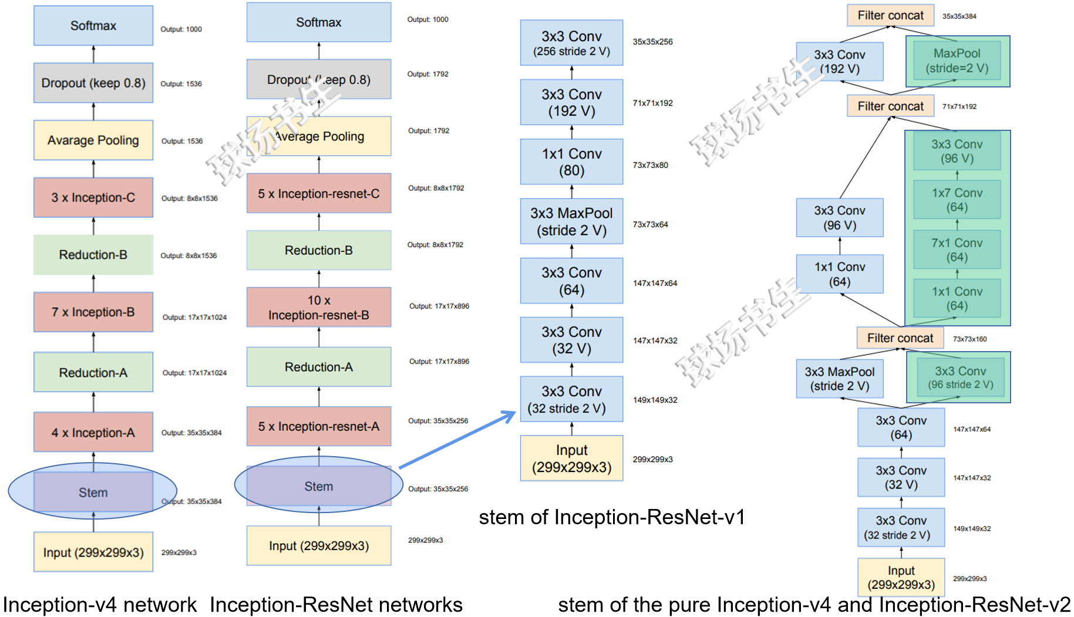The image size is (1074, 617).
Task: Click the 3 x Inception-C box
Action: pyautogui.click(x=93, y=197)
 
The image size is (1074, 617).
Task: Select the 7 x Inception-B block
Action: pyautogui.click(x=93, y=312)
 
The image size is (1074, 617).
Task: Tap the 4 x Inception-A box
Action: pyautogui.click(x=93, y=432)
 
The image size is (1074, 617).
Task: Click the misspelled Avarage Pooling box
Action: pyautogui.click(x=93, y=140)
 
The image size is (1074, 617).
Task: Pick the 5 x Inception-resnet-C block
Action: pyautogui.click(x=319, y=193)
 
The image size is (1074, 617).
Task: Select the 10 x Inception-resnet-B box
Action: pyautogui.click(x=319, y=307)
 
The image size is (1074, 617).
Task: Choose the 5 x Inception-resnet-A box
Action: pyautogui.click(x=319, y=426)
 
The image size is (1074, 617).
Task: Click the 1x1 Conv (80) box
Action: pyautogui.click(x=571, y=161)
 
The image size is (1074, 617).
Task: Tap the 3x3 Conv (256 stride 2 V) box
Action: pyautogui.click(x=571, y=43)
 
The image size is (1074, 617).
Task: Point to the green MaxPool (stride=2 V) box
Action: pyautogui.click(x=957, y=60)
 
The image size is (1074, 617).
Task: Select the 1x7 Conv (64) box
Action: pyautogui.click(x=957, y=200)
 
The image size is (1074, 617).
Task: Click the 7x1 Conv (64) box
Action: pyautogui.click(x=957, y=250)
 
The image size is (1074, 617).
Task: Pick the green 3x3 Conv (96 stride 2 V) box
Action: pyautogui.click(x=960, y=377)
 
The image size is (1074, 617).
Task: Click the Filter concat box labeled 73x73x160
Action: pyautogui.click(x=900, y=338)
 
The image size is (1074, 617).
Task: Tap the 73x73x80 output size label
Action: pyautogui.click(x=650, y=165)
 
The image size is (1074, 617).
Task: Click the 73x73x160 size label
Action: pyautogui.click(x=969, y=339)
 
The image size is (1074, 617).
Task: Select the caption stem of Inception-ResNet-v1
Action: pyautogui.click(x=611, y=517)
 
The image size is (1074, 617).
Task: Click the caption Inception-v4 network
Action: pyautogui.click(x=100, y=605)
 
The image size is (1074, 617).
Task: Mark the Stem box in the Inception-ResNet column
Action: pyautogui.click(x=319, y=486)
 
